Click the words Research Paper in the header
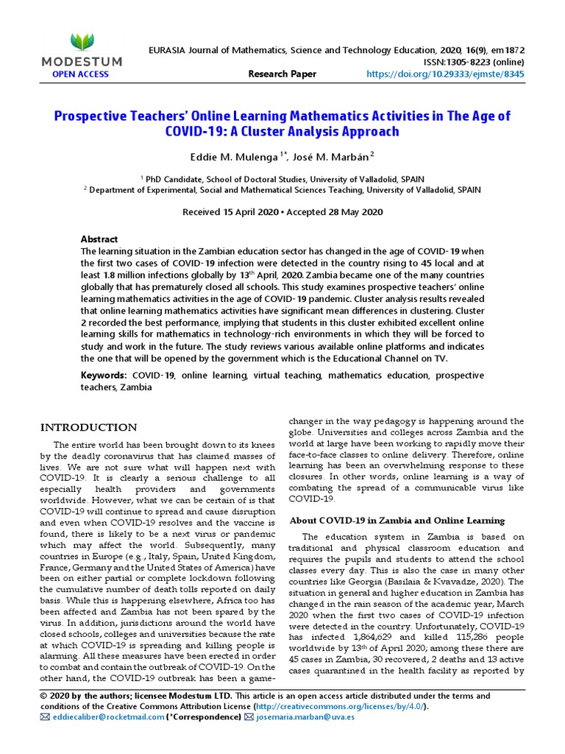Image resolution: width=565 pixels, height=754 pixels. coord(282,74)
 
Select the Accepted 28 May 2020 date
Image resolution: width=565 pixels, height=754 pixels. coord(337,212)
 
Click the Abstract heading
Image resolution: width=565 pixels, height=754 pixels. coord(99,239)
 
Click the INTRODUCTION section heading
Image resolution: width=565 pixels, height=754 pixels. coord(88,428)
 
